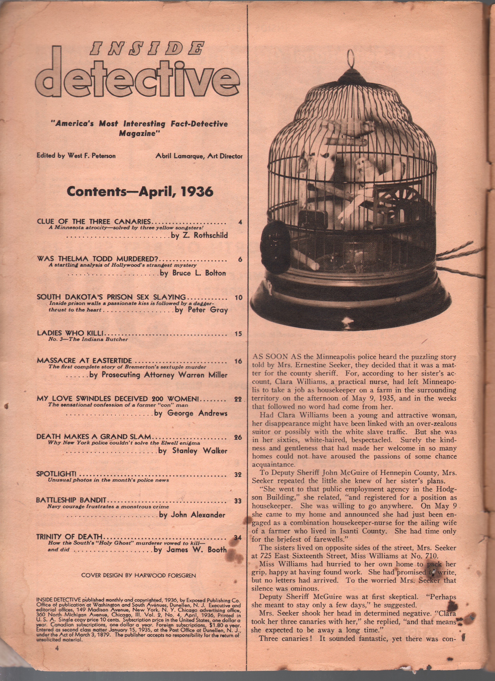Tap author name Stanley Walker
point(200,451)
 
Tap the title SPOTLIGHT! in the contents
point(56,474)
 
